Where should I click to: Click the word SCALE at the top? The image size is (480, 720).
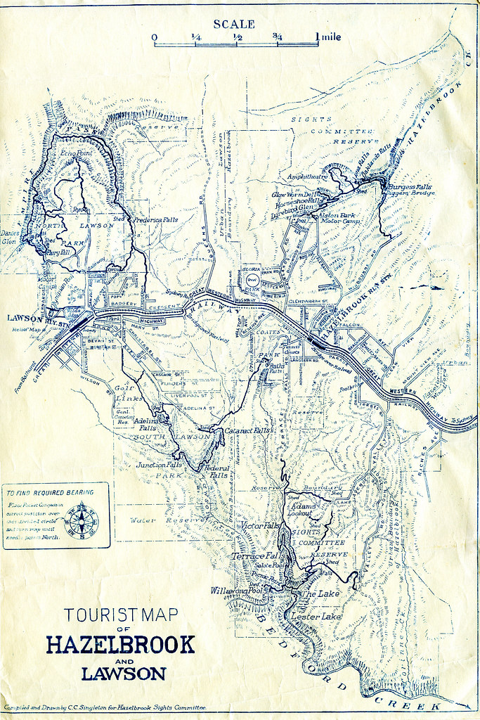(x=234, y=23)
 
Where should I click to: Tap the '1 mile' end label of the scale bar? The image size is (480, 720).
(x=327, y=36)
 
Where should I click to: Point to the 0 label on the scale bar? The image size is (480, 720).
(x=154, y=37)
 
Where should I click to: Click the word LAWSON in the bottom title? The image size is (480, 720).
(x=124, y=673)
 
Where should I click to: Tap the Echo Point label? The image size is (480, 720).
(x=76, y=153)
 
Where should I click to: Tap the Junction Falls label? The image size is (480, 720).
(x=159, y=465)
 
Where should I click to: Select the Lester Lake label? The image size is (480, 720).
(x=316, y=617)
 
